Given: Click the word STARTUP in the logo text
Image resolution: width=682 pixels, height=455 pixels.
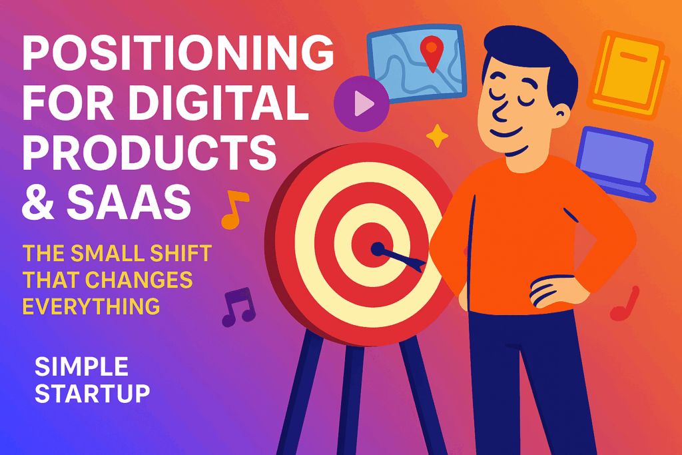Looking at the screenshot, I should point(92,393).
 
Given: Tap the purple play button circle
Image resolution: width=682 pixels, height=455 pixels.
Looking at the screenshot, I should point(360,103).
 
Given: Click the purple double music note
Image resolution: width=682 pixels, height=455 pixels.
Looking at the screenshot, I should point(238,306).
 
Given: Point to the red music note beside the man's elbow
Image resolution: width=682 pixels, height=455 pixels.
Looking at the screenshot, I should point(625,303).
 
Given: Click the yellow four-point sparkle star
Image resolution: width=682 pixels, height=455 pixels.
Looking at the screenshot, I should point(437,136).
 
